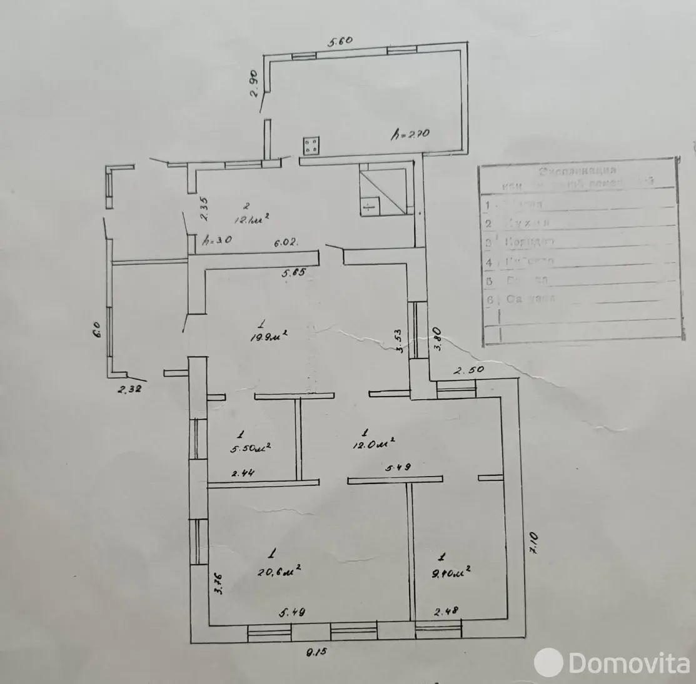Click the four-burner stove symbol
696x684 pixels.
click(x=311, y=146)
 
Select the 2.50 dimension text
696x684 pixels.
click(x=469, y=370)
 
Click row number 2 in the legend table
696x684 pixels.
click(x=488, y=222)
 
